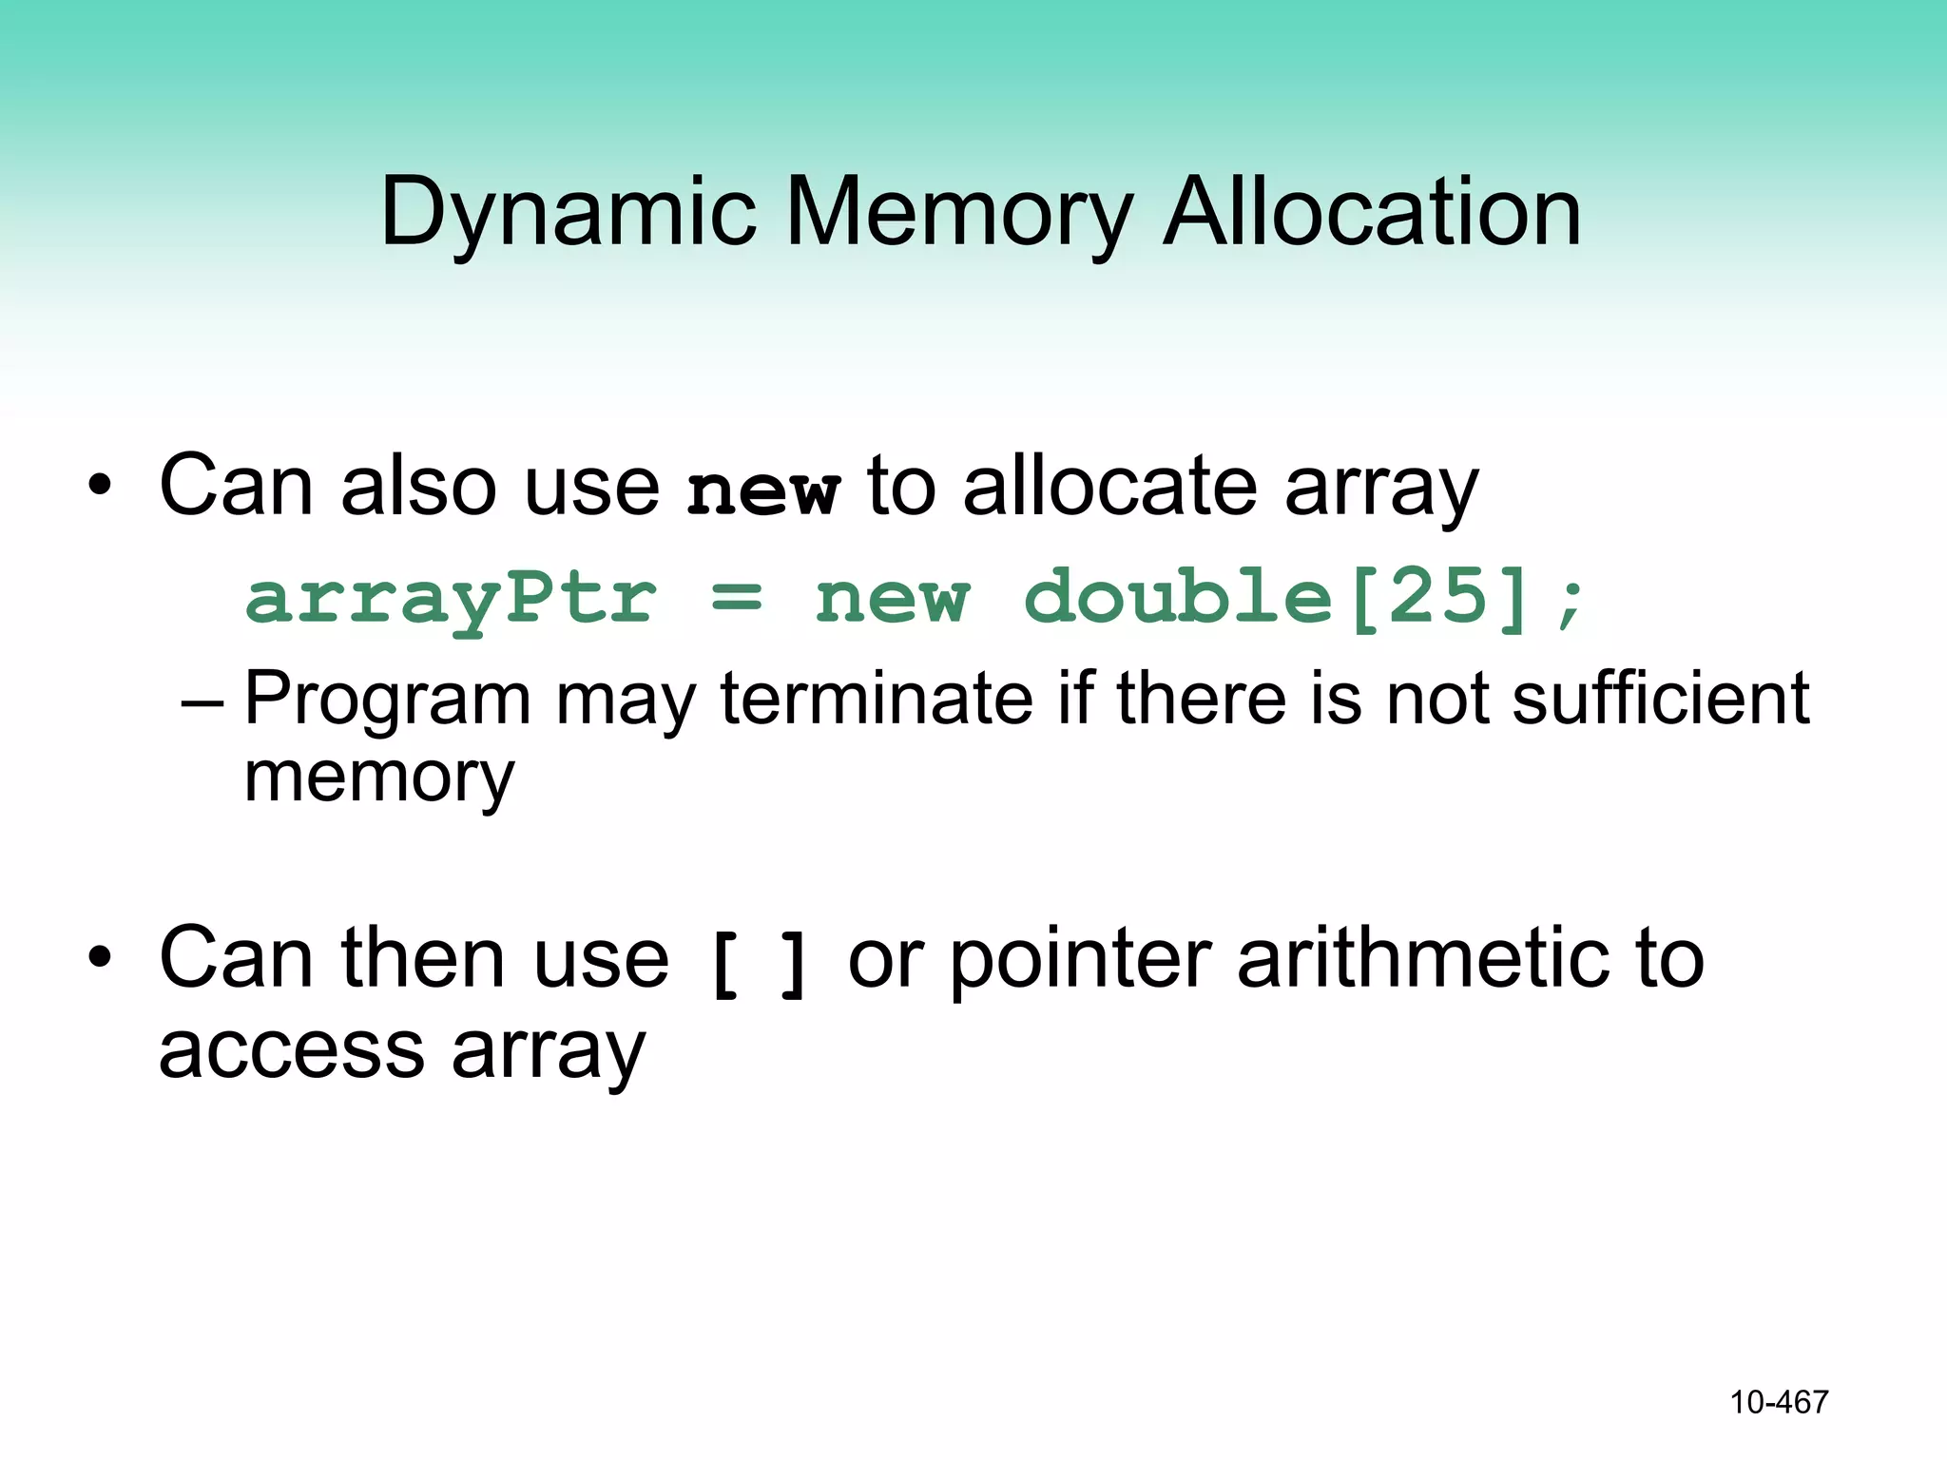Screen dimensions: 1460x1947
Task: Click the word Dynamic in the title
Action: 568,213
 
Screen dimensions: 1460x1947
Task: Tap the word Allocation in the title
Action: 1372,213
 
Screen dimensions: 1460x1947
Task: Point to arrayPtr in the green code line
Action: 451,599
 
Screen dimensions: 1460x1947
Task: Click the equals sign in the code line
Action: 737,599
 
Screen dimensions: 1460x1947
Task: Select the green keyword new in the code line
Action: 893,599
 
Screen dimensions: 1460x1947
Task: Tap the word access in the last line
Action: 291,1052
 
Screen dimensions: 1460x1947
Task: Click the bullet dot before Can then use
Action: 100,958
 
